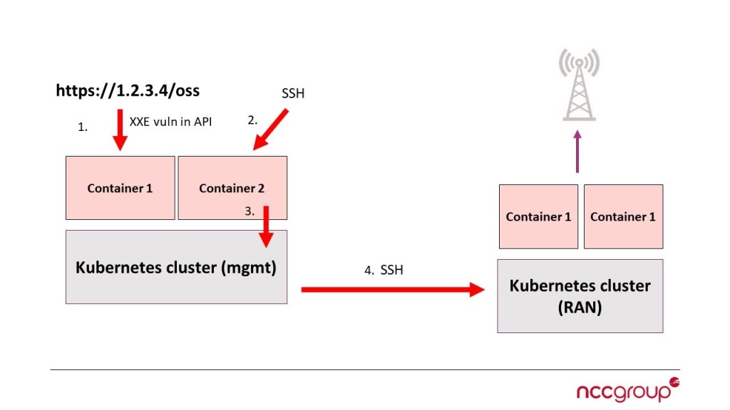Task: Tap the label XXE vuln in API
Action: (x=170, y=122)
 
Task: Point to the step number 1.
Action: (x=82, y=127)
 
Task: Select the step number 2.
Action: (x=252, y=120)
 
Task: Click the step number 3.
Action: (x=250, y=211)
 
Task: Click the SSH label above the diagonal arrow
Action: (x=293, y=93)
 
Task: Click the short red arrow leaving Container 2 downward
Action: (x=267, y=226)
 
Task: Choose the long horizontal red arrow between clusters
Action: (x=392, y=290)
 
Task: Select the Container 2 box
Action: (x=232, y=188)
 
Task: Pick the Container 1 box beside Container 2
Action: (x=120, y=188)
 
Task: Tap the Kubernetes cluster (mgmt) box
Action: (x=176, y=267)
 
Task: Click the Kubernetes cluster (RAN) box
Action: (x=580, y=295)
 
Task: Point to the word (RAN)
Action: (x=580, y=307)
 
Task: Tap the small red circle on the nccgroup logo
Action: (x=674, y=382)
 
